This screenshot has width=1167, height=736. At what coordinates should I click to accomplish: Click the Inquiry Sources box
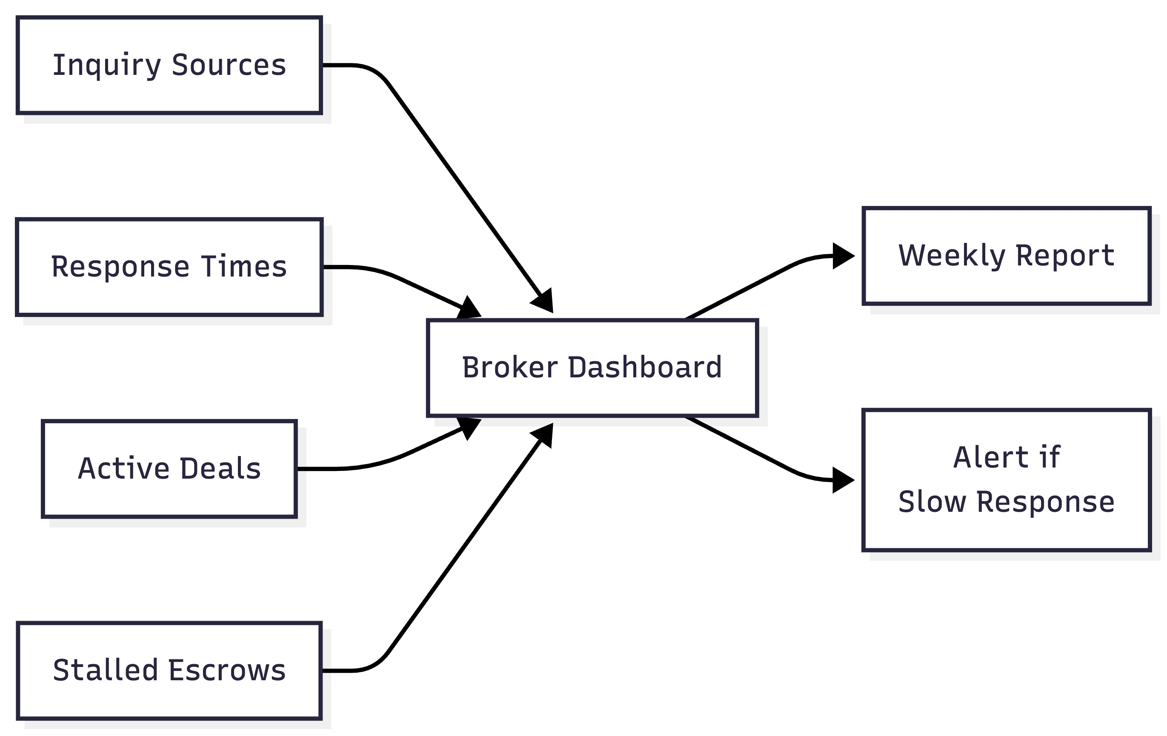(x=169, y=66)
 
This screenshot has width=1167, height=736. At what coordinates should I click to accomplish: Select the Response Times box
(x=169, y=267)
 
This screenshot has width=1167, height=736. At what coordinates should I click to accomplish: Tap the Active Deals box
(x=169, y=468)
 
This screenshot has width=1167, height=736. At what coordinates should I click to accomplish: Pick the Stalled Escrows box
(x=169, y=670)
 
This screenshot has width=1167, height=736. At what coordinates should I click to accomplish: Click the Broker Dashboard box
(x=592, y=368)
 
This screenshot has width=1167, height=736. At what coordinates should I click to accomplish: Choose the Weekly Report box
(x=1006, y=256)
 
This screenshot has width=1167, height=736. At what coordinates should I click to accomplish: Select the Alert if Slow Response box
(x=1006, y=480)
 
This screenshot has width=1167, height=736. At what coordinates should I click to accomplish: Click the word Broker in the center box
(x=509, y=368)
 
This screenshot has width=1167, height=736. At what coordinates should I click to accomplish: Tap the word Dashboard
(x=644, y=368)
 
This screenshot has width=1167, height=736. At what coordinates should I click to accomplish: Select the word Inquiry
(x=107, y=66)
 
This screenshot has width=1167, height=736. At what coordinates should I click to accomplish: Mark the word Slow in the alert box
(x=932, y=502)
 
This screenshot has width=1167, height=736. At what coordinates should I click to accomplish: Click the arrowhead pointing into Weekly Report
(x=842, y=256)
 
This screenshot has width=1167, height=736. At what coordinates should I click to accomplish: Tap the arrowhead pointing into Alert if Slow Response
(x=842, y=480)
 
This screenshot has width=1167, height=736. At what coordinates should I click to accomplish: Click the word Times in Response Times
(x=244, y=267)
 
